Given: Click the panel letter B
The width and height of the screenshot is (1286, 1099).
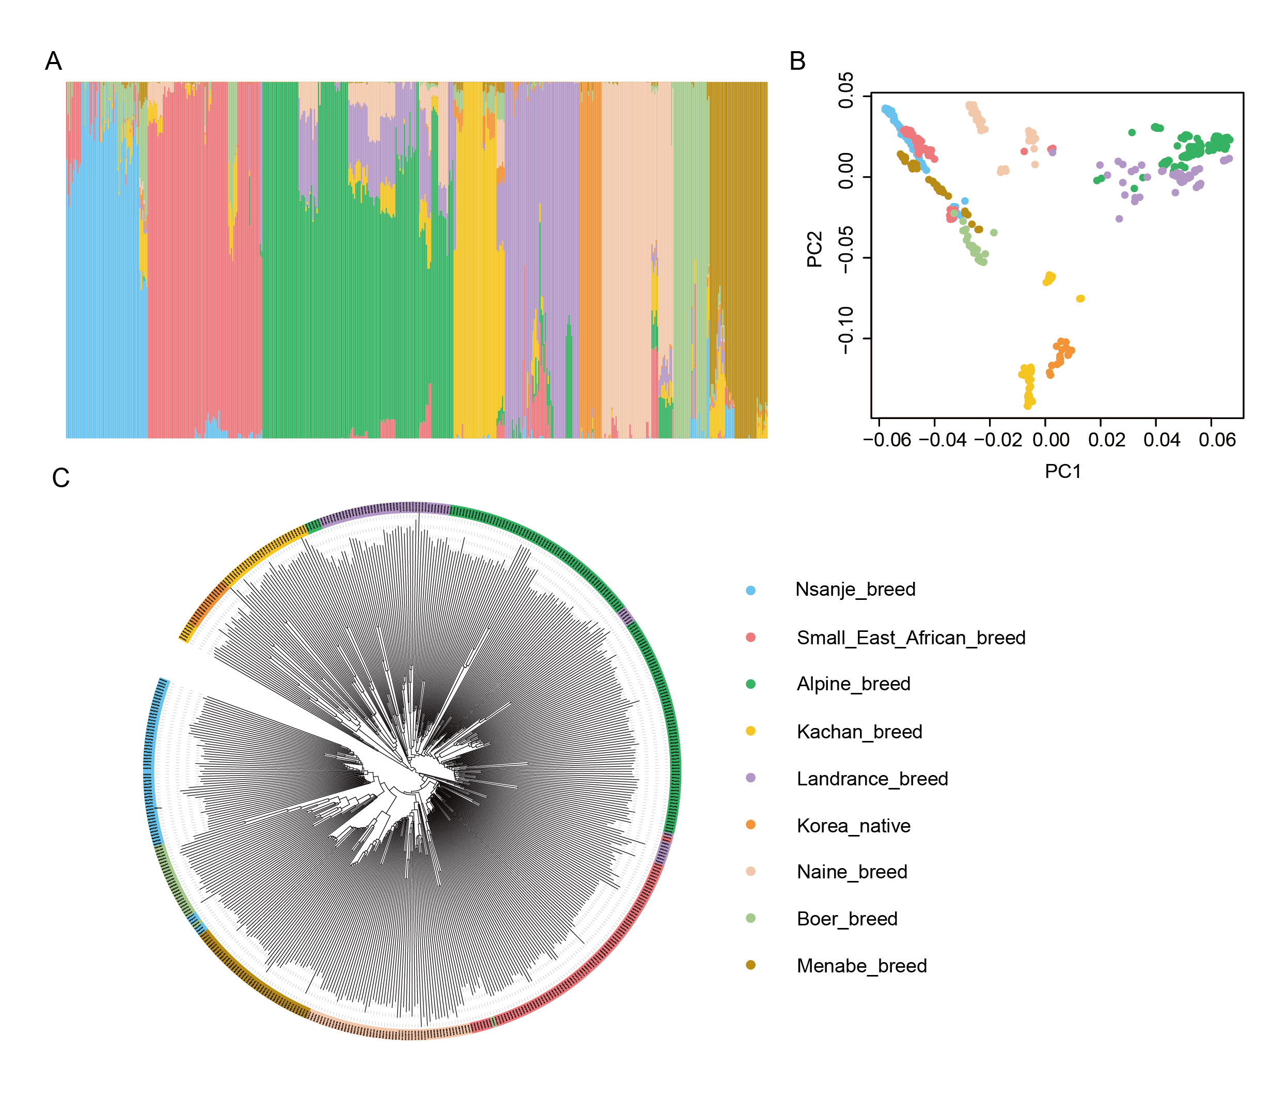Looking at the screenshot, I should click(x=797, y=61).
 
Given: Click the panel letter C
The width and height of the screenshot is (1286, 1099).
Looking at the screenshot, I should click(x=61, y=478).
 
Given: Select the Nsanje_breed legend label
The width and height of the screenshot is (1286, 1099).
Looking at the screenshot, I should click(x=855, y=589).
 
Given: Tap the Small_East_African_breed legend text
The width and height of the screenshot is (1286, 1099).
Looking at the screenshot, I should click(x=911, y=638).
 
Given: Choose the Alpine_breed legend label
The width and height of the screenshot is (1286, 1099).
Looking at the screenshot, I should click(x=853, y=684).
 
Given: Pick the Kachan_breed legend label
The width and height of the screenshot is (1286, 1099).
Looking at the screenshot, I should click(x=859, y=732).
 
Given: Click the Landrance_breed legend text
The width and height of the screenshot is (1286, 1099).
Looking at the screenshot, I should click(x=872, y=779).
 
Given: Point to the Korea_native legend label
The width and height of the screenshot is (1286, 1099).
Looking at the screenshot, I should click(x=853, y=826).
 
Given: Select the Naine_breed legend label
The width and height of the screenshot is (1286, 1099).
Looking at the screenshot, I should click(x=852, y=872).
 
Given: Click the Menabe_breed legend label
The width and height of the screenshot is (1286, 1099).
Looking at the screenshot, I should click(x=861, y=966).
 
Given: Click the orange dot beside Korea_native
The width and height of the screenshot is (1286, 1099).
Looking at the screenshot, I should click(x=750, y=825).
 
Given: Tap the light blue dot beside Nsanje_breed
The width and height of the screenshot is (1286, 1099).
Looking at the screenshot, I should click(x=750, y=591).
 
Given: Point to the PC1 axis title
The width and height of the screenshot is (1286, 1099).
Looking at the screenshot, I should click(x=1062, y=471).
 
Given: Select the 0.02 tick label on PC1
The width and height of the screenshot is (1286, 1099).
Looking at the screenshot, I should click(x=1106, y=440).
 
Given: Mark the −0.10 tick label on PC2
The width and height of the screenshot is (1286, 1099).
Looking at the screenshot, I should click(x=845, y=330).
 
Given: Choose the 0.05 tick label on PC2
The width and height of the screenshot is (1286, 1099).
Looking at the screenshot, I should click(x=845, y=90).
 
